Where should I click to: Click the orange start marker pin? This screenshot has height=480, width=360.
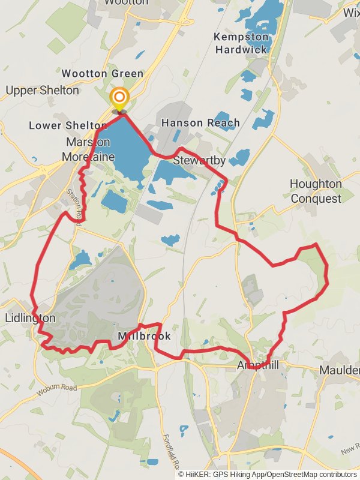[119, 98]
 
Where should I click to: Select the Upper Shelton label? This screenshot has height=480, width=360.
[42, 91]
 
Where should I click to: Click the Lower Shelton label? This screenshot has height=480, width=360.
[68, 125]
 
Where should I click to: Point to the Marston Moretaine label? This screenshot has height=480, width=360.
[88, 149]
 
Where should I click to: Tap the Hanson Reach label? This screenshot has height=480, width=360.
[200, 123]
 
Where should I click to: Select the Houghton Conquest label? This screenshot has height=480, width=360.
[316, 191]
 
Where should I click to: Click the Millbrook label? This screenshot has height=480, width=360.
[145, 337]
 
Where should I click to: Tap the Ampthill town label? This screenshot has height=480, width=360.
[258, 365]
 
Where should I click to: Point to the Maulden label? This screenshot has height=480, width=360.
[340, 370]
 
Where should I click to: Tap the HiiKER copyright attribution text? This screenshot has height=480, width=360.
[268, 474]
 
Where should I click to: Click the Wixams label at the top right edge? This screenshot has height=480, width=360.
[351, 13]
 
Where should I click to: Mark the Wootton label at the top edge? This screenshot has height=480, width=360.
[126, 2]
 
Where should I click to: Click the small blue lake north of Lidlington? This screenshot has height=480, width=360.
[80, 260]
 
